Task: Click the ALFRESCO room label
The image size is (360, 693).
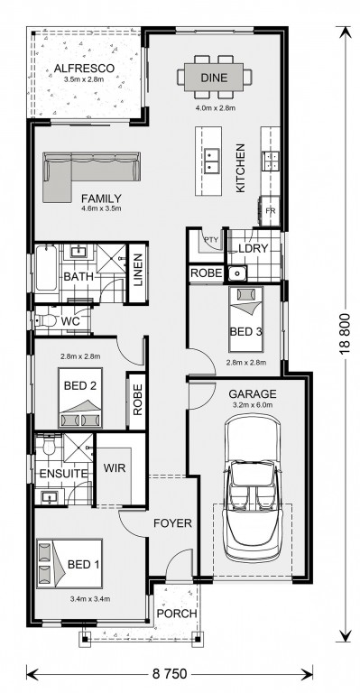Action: [x=85, y=69]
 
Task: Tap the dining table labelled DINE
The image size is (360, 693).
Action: [x=214, y=78]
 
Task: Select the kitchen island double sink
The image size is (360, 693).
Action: [x=212, y=160]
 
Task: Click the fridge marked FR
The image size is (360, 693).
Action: [x=271, y=210]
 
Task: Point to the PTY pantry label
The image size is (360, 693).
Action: [x=211, y=240]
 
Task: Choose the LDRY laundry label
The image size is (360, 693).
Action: [x=253, y=248]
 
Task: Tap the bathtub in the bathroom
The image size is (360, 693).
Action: [x=46, y=267]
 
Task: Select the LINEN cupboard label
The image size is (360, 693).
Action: [x=137, y=271]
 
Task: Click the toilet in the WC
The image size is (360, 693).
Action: [x=45, y=320]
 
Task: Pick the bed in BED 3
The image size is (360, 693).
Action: [x=245, y=319]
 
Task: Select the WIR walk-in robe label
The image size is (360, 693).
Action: [x=115, y=467]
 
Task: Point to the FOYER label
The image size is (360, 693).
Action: [x=172, y=523]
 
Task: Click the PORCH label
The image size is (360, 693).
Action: [x=177, y=614]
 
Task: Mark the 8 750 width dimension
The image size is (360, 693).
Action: [x=170, y=674]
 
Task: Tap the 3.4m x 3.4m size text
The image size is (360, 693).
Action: [x=89, y=599]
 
